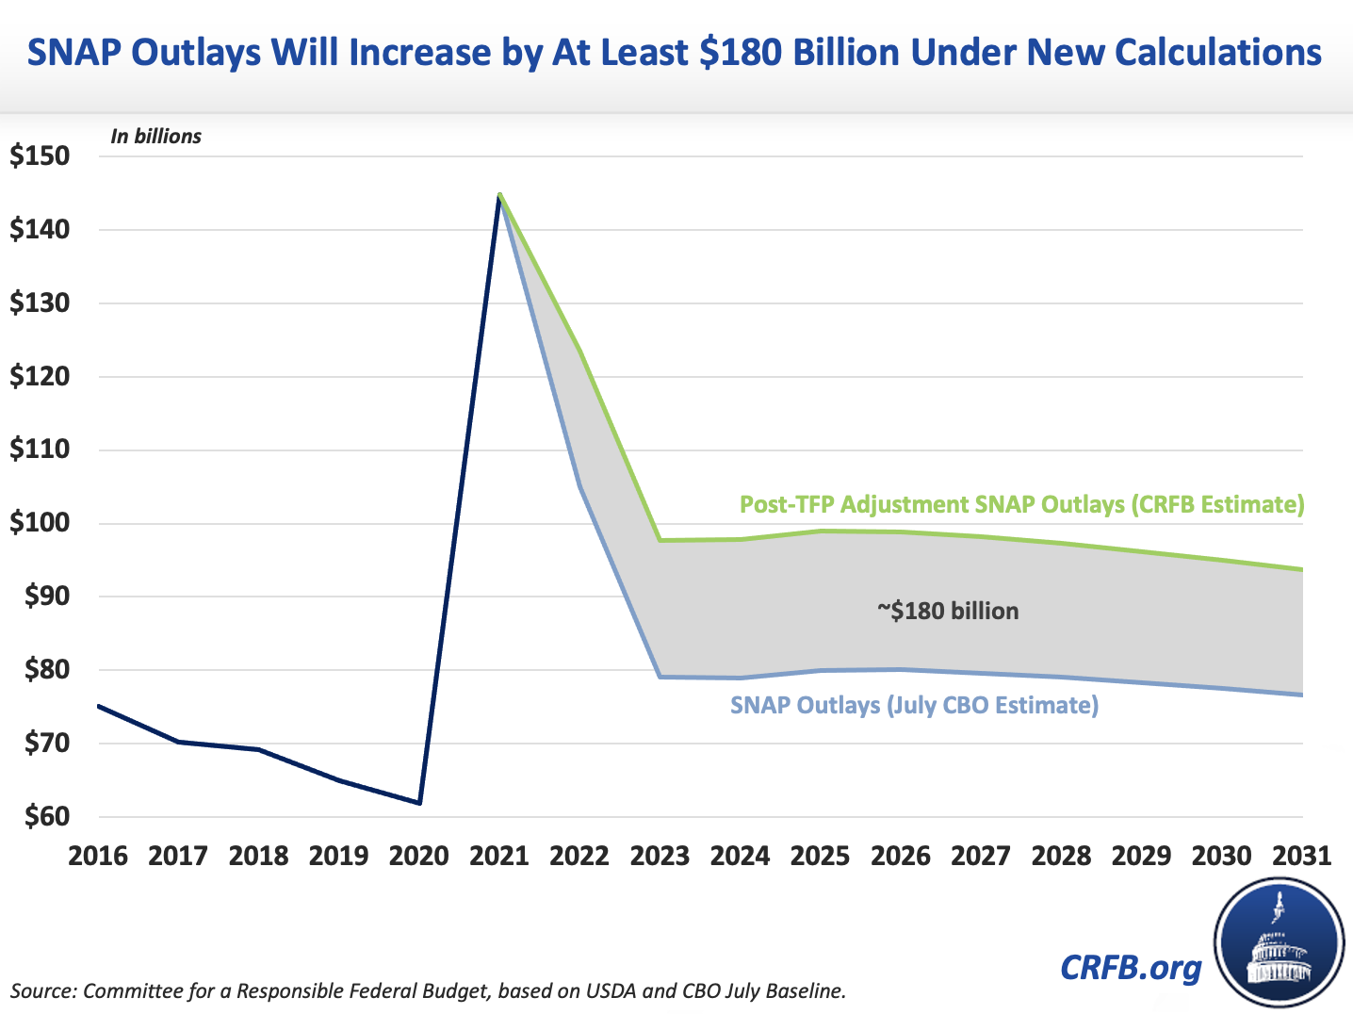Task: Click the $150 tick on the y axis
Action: [40, 156]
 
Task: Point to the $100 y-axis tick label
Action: [40, 523]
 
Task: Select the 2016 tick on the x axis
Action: [97, 856]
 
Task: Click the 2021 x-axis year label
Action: [499, 856]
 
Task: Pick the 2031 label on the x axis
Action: [1302, 856]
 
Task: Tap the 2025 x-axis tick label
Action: [820, 856]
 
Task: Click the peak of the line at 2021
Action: [499, 194]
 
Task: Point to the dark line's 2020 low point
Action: [419, 803]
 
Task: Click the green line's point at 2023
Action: [660, 540]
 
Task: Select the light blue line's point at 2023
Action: [660, 677]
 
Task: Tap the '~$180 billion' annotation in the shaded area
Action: [948, 611]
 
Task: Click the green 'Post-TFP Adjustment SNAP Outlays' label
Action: [1021, 504]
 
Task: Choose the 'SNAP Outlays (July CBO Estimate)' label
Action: [914, 705]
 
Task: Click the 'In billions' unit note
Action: [155, 137]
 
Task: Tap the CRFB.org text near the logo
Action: [1131, 967]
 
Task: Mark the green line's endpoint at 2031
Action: [1302, 569]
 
